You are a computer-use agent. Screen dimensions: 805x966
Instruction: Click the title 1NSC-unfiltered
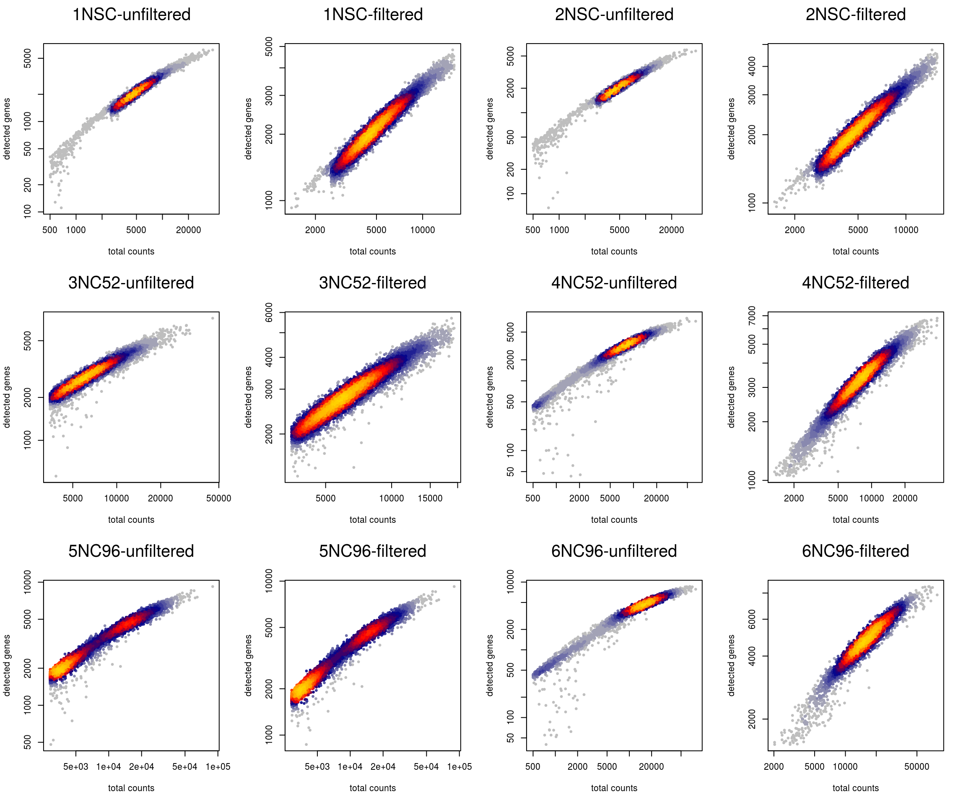click(131, 15)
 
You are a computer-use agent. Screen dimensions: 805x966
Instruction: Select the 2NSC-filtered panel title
click(855, 15)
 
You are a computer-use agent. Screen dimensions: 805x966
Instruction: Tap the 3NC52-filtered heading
click(372, 283)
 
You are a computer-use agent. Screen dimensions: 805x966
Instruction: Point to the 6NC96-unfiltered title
click(614, 551)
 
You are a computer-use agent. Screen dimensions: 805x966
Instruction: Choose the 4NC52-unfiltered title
click(614, 283)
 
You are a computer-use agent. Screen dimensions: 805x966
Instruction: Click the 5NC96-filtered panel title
click(372, 551)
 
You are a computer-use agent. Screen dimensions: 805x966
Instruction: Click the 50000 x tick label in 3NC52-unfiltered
click(218, 498)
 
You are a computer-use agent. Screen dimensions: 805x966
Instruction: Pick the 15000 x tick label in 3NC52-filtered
click(430, 498)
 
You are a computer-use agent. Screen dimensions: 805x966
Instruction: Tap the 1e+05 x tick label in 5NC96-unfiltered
click(218, 766)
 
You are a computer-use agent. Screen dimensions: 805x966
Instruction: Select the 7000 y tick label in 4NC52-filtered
click(752, 316)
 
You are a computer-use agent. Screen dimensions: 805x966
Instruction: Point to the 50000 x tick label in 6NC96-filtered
click(917, 766)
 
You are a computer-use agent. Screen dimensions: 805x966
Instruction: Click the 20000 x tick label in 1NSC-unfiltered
click(188, 230)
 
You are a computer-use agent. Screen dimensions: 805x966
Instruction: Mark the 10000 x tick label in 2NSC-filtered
click(906, 230)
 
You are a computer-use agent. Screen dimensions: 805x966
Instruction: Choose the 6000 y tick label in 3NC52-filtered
click(269, 313)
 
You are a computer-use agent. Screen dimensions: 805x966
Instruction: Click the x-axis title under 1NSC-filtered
click(372, 252)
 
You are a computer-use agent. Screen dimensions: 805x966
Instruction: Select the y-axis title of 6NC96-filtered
click(731, 665)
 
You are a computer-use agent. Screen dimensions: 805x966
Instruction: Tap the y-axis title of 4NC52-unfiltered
click(489, 397)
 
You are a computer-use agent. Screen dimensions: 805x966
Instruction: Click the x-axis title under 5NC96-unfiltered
click(131, 788)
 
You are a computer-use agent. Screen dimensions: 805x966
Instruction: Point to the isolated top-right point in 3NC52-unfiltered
click(213, 318)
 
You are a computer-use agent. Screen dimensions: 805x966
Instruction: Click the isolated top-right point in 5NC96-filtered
click(454, 587)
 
